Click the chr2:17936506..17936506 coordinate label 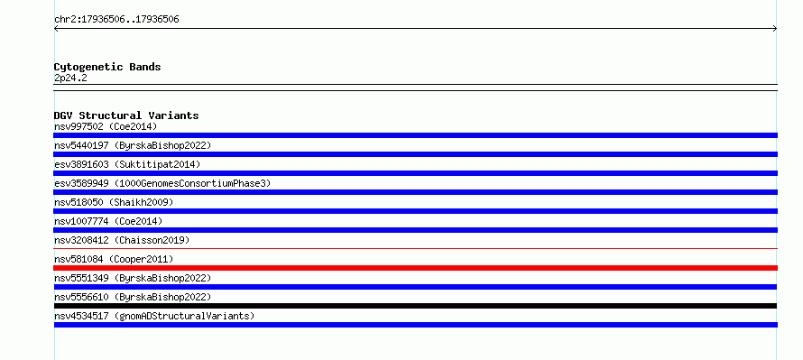point(116,20)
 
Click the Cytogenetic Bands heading point(107,67)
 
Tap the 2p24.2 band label point(70,78)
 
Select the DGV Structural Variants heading point(126,115)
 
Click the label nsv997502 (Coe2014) point(106,126)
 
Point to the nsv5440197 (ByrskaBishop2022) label point(133,145)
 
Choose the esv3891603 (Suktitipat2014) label point(127,164)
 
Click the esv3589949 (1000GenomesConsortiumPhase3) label point(162,183)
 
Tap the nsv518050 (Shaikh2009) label point(114,202)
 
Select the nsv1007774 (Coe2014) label point(108,221)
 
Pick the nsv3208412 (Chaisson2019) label point(122,240)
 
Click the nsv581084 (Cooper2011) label point(114,259)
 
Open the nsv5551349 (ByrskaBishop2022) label point(133,278)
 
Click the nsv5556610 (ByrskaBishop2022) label point(133,297)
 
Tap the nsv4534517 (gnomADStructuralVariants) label point(154,316)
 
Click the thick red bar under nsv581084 point(415,268)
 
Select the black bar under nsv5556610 point(415,306)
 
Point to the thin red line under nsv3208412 point(415,249)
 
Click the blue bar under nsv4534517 point(415,325)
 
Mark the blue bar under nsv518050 point(415,211)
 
